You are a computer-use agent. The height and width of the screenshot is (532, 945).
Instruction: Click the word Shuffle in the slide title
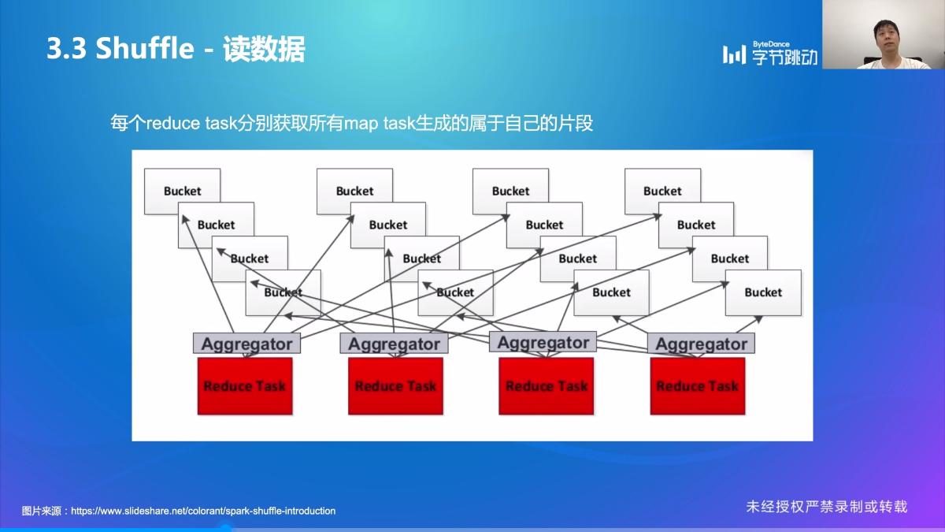tap(144, 49)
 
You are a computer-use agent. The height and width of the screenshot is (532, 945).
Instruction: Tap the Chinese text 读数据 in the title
tap(264, 49)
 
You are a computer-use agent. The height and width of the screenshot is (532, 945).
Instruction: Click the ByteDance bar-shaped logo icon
tap(734, 54)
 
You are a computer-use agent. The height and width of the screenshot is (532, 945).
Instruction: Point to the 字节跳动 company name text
tap(784, 57)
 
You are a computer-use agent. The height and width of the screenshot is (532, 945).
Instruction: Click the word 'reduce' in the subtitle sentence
tap(174, 124)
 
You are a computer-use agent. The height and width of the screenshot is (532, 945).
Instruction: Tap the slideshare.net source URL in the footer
tap(203, 511)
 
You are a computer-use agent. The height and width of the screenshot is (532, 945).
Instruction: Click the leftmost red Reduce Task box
tap(245, 386)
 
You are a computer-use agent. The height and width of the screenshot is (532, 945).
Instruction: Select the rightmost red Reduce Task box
tap(698, 386)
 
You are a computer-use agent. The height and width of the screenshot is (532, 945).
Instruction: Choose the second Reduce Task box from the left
tap(395, 386)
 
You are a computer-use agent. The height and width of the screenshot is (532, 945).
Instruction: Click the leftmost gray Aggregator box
tap(246, 344)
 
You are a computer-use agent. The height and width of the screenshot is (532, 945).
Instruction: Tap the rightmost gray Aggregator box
tap(701, 344)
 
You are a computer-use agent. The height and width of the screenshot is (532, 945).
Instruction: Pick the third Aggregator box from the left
tap(543, 342)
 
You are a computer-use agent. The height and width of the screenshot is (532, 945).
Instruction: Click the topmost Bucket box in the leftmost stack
tap(182, 191)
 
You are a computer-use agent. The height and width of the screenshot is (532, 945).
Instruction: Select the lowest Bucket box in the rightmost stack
tap(763, 292)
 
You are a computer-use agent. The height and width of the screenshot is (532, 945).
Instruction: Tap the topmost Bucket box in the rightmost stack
tap(662, 191)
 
